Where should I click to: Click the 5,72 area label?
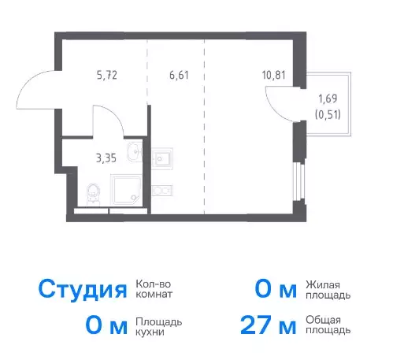107,76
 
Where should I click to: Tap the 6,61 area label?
179,76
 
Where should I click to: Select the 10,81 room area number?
273,76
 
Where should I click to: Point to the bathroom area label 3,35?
106,158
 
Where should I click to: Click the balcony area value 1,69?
328,98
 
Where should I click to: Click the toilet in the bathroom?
93,195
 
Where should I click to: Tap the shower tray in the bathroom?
126,190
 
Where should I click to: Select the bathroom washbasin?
135,152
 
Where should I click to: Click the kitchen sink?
161,158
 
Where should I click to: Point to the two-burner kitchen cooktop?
161,191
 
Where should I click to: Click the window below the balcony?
298,181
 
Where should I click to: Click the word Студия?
83,290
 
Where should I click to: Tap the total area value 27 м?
269,325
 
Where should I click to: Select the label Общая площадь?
328,325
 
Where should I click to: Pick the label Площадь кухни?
159,327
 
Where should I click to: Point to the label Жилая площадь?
328,290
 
